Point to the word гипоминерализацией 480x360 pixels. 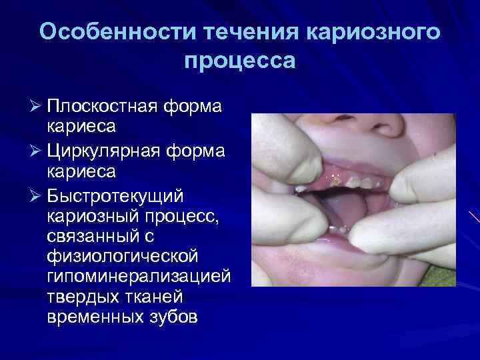pyautogui.click(x=139, y=276)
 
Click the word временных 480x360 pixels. pyautogui.click(x=94, y=316)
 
